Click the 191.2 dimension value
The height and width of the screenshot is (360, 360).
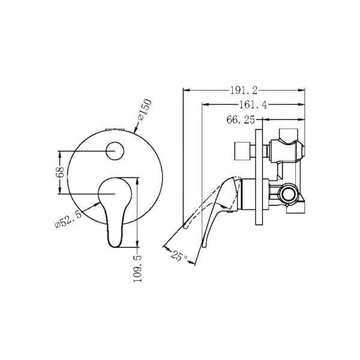pyautogui.click(x=244, y=91)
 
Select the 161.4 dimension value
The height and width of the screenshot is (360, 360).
pyautogui.click(x=253, y=105)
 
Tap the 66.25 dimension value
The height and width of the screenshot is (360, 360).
pyautogui.click(x=241, y=120)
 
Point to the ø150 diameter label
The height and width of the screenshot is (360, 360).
pyautogui.click(x=145, y=110)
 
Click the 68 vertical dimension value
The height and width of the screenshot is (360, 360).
pyautogui.click(x=60, y=172)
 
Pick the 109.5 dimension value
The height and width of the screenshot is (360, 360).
pyautogui.click(x=137, y=268)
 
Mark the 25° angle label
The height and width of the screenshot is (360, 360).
pyautogui.click(x=179, y=256)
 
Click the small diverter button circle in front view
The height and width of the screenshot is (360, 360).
pyautogui.click(x=115, y=151)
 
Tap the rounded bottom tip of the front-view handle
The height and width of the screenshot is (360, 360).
pyautogui.click(x=115, y=246)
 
